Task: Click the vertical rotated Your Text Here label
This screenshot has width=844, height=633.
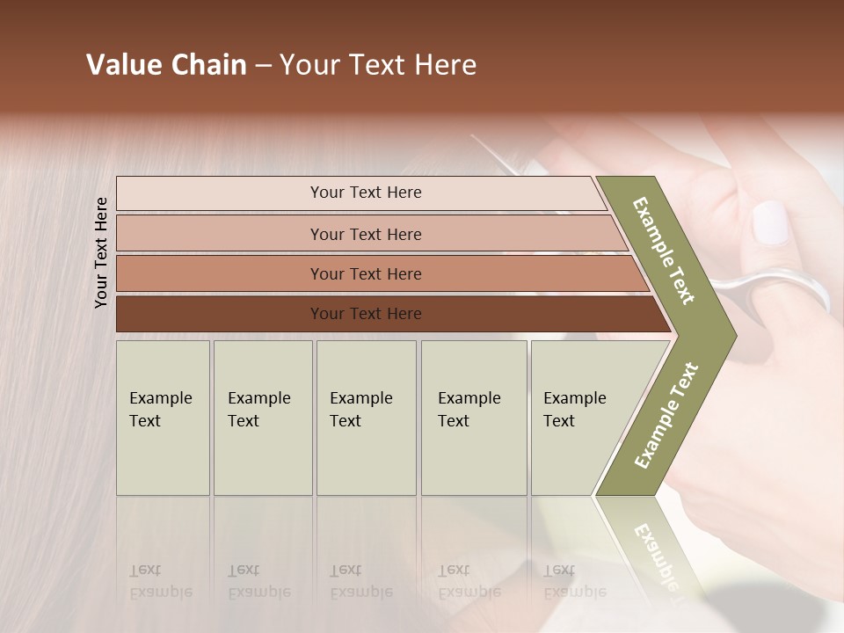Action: click(101, 252)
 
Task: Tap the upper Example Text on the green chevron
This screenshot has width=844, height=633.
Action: click(665, 251)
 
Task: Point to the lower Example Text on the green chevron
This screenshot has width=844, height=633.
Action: click(666, 415)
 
